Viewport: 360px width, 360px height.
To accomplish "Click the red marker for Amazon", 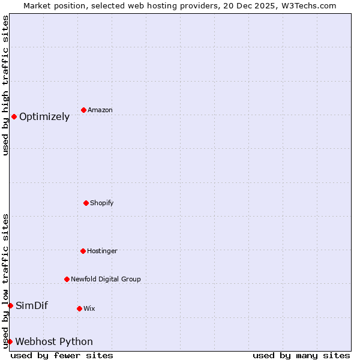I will [83, 110].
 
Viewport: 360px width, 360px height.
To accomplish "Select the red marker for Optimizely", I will [14, 116].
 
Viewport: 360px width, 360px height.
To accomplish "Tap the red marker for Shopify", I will [86, 203].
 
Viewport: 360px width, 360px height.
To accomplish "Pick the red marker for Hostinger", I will [83, 251].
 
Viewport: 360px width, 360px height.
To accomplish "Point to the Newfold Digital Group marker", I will [67, 279].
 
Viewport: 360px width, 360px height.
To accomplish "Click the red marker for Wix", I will [79, 308].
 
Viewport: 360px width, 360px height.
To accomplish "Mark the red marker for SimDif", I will [10, 305].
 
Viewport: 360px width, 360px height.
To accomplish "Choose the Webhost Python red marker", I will [10, 341].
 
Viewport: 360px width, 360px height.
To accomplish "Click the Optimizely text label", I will [44, 117].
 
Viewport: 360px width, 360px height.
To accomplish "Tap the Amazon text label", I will [100, 110].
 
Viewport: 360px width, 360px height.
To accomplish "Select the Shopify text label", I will [102, 203].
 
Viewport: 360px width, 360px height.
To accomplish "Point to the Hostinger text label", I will [102, 251].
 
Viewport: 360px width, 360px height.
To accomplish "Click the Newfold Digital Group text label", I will [106, 280].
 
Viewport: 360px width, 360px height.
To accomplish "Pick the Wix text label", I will [89, 309].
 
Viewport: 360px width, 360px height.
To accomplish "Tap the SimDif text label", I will [32, 306].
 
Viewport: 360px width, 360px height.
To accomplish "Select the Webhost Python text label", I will [54, 342].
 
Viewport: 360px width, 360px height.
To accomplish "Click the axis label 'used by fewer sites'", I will [62, 356].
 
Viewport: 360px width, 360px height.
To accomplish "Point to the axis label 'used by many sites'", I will [301, 356].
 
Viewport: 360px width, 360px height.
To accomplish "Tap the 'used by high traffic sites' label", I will [5, 86].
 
